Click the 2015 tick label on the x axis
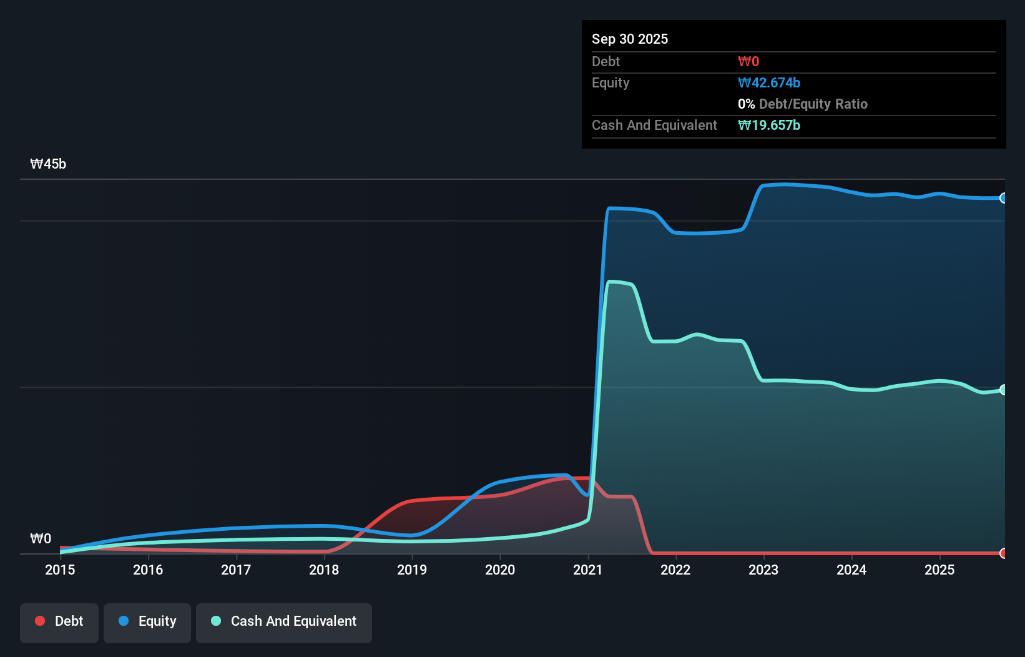click(60, 570)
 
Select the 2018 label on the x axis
click(324, 570)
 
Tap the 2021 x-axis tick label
click(588, 570)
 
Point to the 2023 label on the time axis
click(763, 570)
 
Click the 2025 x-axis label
click(939, 570)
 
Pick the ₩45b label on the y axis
click(48, 164)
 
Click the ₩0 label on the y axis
click(41, 538)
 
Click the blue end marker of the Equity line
click(1003, 198)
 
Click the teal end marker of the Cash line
click(1003, 390)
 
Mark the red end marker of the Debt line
click(1003, 553)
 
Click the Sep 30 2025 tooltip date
click(629, 39)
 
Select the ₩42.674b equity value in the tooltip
click(768, 83)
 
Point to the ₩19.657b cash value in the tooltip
click(768, 126)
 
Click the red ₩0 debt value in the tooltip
click(748, 62)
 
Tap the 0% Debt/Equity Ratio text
click(802, 104)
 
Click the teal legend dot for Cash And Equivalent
click(216, 621)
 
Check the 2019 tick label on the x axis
click(412, 570)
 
